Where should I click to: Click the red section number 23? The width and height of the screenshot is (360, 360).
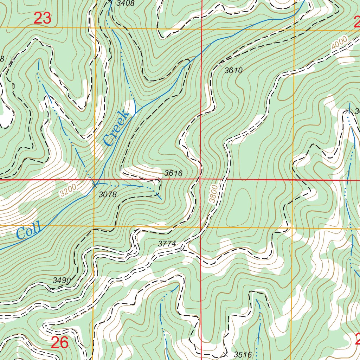pos(43,18)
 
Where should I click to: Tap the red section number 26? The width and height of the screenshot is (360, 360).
pos(59,343)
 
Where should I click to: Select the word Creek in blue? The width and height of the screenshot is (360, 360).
pos(116,128)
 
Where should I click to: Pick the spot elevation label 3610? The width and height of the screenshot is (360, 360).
pos(233,71)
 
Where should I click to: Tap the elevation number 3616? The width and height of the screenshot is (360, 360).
pos(173,173)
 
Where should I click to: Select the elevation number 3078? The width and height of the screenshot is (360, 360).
pos(107,194)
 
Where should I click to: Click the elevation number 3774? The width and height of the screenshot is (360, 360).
pos(167,243)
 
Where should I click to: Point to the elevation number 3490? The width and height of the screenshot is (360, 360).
pos(62,280)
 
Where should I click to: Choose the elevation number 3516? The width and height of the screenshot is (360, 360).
pos(243,355)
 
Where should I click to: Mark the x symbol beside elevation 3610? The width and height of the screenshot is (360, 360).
pos(219,64)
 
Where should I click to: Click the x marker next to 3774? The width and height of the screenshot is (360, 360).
pos(180,250)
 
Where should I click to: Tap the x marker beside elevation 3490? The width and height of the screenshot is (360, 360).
pos(49,290)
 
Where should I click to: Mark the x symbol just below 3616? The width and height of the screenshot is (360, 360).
pos(161,180)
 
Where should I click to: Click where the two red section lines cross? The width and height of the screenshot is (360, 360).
pos(200,179)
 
